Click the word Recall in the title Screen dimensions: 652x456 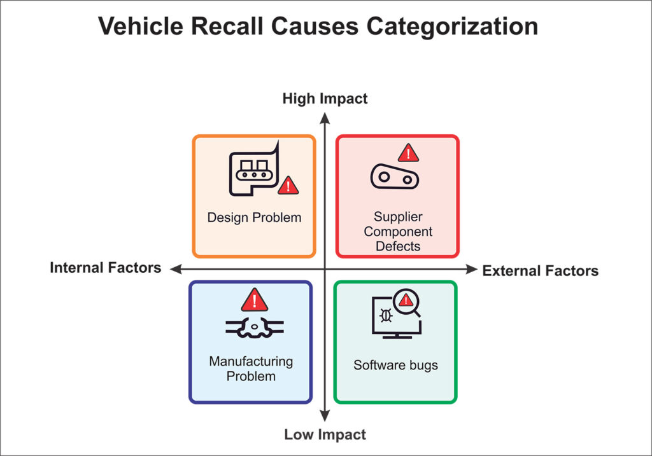[x=227, y=26]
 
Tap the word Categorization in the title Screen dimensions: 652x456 [x=452, y=27]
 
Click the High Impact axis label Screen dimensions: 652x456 [x=325, y=99]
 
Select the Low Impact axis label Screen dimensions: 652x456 [x=325, y=434]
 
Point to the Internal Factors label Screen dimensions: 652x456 [x=105, y=268]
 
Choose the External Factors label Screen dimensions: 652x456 [x=540, y=271]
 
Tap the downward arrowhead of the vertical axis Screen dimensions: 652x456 [x=325, y=416]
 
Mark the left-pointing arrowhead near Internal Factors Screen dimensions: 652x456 [x=176, y=269]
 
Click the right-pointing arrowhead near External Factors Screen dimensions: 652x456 [x=472, y=269]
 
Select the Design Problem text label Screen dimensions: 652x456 [x=254, y=218]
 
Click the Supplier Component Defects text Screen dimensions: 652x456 [x=398, y=231]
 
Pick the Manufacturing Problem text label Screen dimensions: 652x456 [x=251, y=369]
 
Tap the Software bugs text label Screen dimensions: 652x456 [x=395, y=365]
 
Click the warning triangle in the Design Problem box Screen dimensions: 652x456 [x=288, y=185]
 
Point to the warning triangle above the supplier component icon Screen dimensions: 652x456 [x=408, y=153]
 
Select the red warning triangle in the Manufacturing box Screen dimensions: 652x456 [x=255, y=300]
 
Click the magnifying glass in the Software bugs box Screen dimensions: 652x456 [x=407, y=302]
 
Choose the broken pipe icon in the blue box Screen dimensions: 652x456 [x=255, y=328]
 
